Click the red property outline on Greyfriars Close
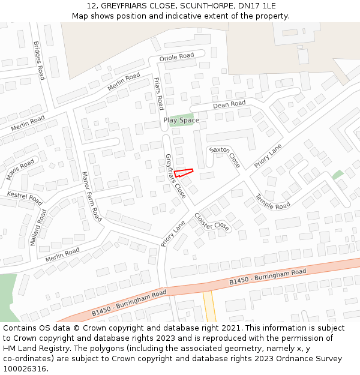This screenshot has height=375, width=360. click(184, 173)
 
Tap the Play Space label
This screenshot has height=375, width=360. click(181, 121)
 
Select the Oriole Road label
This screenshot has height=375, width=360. click(176, 58)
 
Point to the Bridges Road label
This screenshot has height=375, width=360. click(39, 61)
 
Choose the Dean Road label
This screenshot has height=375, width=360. click(229, 104)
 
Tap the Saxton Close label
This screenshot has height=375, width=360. click(225, 156)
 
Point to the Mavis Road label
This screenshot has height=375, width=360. click(20, 170)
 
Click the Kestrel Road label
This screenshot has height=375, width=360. click(24, 197)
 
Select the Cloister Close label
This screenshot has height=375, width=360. click(212, 222)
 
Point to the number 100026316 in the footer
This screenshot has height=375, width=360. click(25, 368)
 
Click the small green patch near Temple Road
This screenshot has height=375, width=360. click(338, 175)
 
